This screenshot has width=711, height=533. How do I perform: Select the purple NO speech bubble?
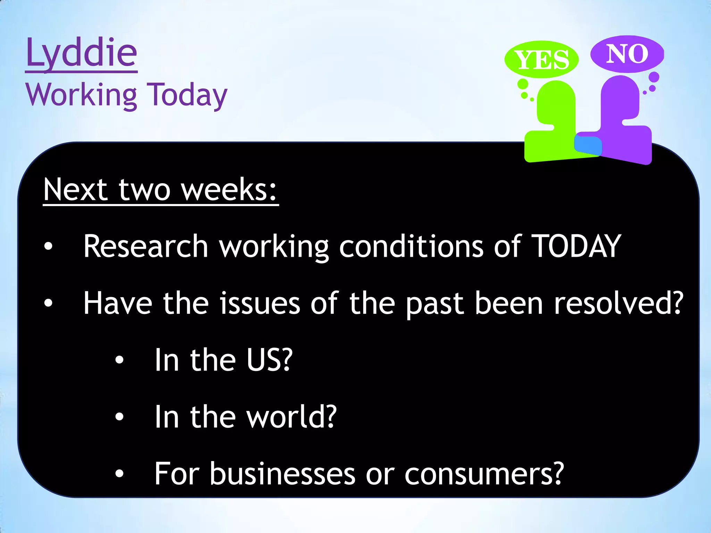tap(627, 54)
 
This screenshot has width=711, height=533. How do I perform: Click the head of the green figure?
tap(556, 101)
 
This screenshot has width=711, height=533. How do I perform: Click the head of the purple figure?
tap(620, 95)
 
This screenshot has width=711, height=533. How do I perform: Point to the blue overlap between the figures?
tap(588, 145)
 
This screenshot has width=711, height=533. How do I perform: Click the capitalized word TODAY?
tap(576, 246)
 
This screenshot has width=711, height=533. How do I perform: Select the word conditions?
tap(411, 246)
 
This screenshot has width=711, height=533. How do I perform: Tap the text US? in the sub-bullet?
tap(269, 360)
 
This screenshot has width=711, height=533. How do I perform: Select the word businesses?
tap(283, 474)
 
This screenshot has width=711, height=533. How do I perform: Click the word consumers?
tap(484, 474)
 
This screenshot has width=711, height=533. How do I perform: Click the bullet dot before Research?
tap(48, 246)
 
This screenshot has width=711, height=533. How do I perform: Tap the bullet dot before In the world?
tap(119, 416)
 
